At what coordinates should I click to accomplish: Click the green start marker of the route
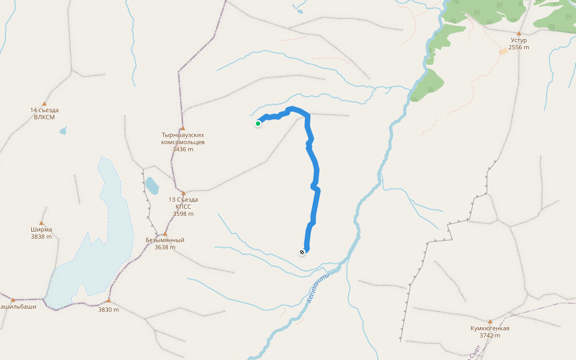(x=258, y=124)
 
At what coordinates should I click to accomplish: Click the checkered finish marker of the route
(x=302, y=252)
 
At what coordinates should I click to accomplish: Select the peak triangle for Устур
(x=518, y=34)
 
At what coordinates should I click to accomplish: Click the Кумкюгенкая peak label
(x=490, y=328)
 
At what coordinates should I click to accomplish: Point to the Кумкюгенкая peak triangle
(x=490, y=322)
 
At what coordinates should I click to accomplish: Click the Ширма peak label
(x=41, y=229)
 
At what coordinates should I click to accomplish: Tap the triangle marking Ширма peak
(x=42, y=223)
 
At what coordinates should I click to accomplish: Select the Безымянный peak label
(x=165, y=240)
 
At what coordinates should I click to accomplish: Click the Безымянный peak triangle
(x=164, y=233)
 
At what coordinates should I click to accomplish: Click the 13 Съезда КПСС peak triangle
(x=183, y=193)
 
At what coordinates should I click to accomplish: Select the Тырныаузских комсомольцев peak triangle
(x=182, y=128)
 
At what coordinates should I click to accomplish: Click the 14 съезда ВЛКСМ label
(x=44, y=113)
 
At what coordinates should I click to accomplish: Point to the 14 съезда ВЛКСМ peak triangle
(x=44, y=104)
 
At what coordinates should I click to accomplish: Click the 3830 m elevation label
(x=109, y=310)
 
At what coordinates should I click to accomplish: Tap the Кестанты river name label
(x=318, y=288)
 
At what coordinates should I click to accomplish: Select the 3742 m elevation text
(x=490, y=335)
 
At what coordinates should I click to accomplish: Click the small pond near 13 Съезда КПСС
(x=152, y=185)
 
